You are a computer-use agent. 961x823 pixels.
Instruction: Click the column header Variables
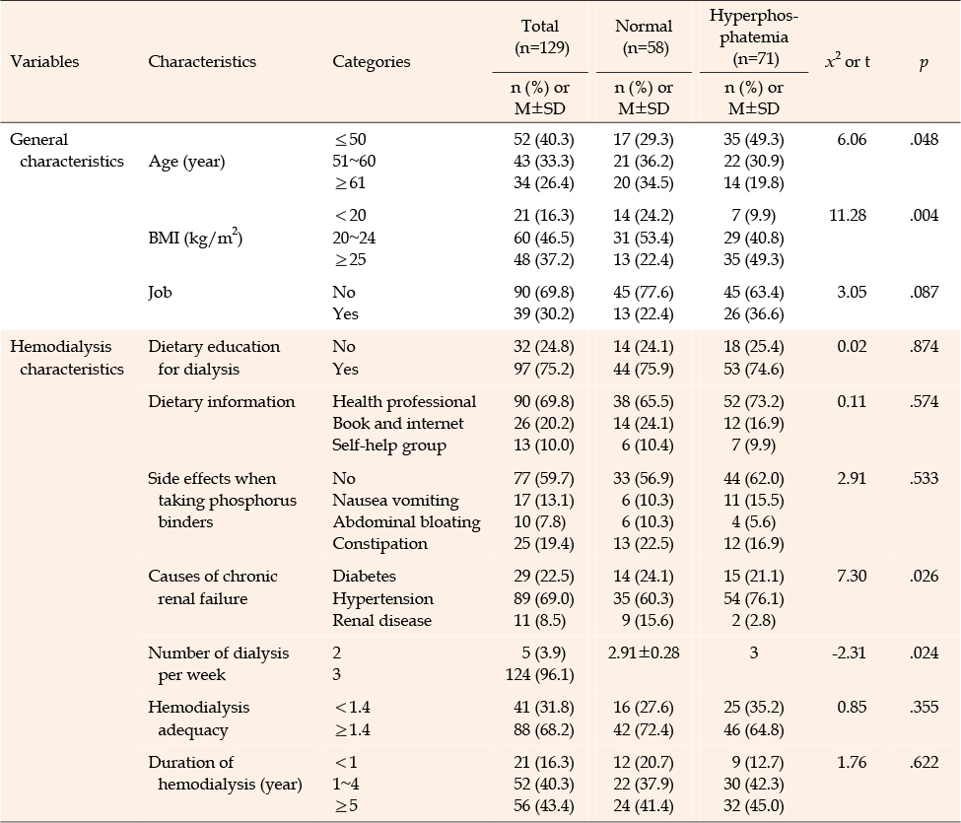point(44,61)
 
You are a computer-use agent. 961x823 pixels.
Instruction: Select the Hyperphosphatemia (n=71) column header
point(754,36)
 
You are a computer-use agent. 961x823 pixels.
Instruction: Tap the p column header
point(924,62)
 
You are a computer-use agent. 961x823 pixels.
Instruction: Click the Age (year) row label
point(186,162)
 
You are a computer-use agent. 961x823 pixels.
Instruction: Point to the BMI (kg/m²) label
point(195,238)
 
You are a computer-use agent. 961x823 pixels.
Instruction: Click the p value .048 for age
point(925,139)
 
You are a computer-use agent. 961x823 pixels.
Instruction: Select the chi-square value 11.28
point(848,215)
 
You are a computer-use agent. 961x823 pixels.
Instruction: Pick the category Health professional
point(404,401)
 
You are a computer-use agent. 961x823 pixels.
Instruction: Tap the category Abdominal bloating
point(406,522)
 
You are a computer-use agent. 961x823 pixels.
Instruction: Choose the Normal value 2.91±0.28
point(644,652)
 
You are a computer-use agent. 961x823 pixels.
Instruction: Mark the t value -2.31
point(849,652)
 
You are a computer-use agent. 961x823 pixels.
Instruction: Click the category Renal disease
point(381,620)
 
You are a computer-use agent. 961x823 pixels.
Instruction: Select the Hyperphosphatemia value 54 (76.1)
point(754,598)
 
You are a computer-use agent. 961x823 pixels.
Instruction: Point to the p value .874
point(925,346)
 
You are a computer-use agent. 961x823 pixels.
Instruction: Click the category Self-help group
point(389,446)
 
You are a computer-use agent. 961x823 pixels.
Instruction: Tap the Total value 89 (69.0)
point(544,598)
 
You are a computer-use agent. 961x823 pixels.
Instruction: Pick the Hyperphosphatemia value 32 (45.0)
point(754,806)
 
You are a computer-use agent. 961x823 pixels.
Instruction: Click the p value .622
point(925,762)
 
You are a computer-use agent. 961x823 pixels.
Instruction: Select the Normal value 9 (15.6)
point(648,620)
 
